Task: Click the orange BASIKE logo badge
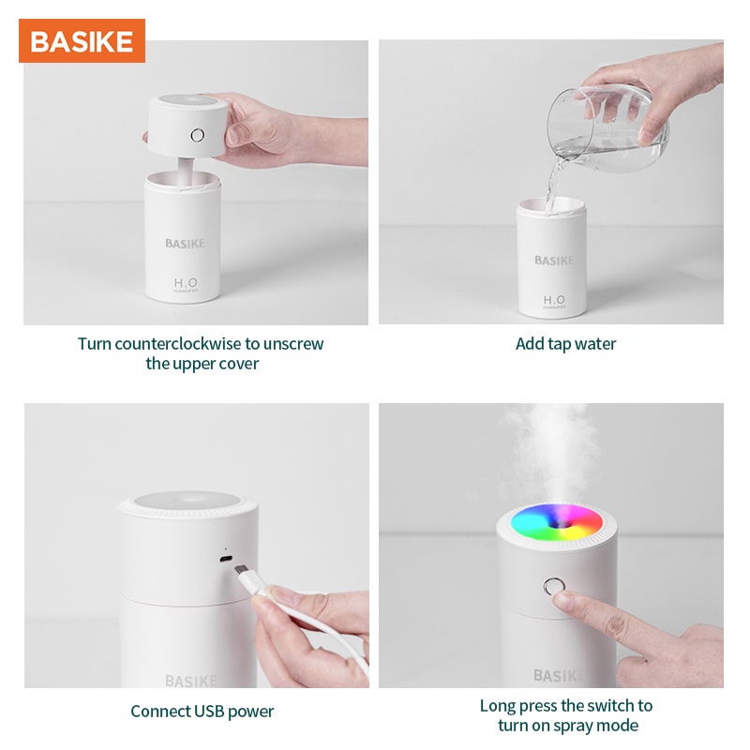point(82,41)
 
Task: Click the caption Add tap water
point(565,344)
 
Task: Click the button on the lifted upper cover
point(198,135)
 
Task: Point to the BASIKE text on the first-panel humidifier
point(185,244)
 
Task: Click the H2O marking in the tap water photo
point(552,301)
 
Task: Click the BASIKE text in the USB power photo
point(191,680)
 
